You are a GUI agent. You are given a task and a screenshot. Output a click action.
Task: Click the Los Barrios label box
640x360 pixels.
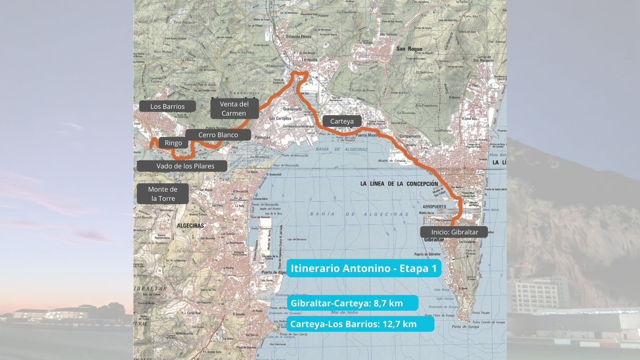point(167,106)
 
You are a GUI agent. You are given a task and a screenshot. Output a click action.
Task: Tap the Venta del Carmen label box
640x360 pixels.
point(234,108)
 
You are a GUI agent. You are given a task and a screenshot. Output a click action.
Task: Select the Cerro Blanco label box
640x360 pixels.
point(218,135)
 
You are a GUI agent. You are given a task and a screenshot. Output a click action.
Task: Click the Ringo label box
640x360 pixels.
point(173,143)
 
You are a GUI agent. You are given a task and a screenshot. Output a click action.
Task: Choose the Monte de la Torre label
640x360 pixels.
point(162,194)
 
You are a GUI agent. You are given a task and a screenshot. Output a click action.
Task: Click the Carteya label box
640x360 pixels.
point(342,121)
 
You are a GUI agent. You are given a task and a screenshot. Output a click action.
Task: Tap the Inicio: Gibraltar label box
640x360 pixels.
point(454,232)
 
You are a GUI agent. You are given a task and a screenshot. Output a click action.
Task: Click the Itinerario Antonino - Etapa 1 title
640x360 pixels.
point(364,268)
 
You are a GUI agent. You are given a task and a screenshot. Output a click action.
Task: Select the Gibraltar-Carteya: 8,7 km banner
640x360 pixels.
point(352,303)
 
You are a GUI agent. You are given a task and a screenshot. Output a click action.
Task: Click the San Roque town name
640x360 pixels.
point(409,49)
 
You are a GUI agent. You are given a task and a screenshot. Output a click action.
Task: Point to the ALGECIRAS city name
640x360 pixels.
point(190,226)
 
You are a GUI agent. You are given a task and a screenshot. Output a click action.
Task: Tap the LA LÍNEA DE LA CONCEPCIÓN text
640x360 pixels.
point(399,184)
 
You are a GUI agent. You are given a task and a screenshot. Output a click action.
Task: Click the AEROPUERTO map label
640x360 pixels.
point(434,207)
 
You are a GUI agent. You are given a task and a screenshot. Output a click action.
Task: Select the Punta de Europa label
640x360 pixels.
point(465,327)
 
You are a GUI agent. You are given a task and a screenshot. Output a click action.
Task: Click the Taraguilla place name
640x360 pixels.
point(308,59)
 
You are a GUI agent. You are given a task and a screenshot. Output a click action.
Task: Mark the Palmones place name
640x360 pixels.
point(262,138)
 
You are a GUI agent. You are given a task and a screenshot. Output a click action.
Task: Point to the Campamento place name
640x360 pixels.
point(410,136)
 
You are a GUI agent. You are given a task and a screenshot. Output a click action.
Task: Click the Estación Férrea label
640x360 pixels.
point(298,37)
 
